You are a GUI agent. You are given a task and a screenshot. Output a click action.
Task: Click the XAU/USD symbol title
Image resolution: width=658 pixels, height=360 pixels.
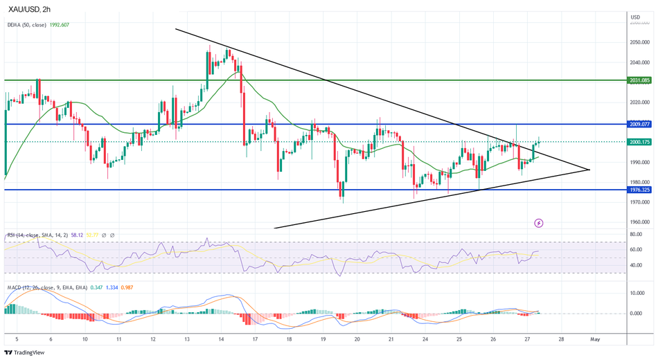click(x=30, y=9)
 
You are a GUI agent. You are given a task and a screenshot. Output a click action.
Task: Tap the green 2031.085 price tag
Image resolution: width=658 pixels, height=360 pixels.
click(x=639, y=80)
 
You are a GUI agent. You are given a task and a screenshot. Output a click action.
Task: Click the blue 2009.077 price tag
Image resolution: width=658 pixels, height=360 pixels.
click(x=639, y=125)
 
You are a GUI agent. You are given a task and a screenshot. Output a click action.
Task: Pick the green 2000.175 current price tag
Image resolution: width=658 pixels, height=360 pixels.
click(x=639, y=142)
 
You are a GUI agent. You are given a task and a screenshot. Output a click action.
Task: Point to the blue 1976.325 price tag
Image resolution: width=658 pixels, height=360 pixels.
click(x=639, y=189)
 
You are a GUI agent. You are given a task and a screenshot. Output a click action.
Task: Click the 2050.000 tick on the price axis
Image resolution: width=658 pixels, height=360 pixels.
click(x=639, y=42)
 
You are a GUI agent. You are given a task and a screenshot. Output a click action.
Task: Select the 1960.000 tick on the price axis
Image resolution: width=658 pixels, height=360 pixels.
click(x=639, y=223)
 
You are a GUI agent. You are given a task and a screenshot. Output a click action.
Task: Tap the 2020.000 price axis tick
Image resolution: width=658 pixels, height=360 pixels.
click(x=639, y=102)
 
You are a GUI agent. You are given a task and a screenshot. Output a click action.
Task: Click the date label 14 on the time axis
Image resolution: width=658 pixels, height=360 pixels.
click(x=220, y=340)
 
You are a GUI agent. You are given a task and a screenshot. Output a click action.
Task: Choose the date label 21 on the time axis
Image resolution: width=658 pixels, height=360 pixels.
click(x=391, y=340)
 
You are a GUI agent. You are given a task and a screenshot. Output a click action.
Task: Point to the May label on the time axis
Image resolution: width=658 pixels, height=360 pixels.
click(x=594, y=340)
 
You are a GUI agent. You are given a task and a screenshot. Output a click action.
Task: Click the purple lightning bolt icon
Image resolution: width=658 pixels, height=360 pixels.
click(x=539, y=223)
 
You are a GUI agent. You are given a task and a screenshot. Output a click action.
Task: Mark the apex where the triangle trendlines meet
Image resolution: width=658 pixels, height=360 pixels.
click(x=589, y=170)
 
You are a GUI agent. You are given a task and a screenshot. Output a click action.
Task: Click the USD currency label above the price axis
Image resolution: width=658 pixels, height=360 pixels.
click(x=634, y=17)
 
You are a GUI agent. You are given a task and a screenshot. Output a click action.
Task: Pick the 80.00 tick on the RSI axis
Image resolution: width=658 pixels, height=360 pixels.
click(x=636, y=235)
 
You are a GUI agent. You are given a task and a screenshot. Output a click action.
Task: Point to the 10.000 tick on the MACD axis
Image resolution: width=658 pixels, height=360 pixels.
click(x=637, y=293)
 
